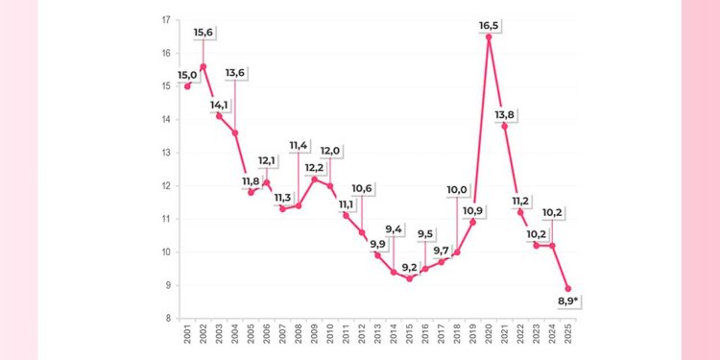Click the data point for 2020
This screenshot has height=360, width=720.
click(489, 36)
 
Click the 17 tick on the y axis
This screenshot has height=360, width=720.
click(166, 20)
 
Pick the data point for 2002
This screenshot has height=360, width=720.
click(203, 66)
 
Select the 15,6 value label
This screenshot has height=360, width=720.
click(204, 33)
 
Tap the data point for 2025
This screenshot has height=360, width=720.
click(568, 289)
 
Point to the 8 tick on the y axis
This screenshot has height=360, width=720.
click(168, 319)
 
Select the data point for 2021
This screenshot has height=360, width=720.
click(505, 126)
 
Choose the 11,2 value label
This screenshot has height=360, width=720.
click(520, 201)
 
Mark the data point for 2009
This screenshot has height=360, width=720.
click(314, 180)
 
